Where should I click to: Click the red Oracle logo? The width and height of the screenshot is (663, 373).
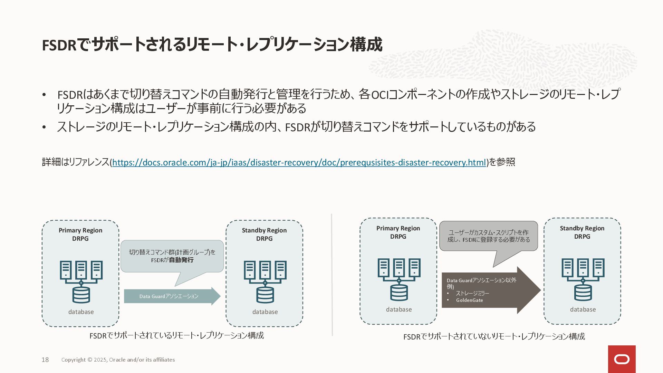(622, 359)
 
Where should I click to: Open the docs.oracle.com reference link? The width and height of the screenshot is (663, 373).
(299, 162)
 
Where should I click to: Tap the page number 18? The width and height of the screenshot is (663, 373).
(45, 360)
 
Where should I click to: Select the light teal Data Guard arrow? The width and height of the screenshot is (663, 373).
(172, 296)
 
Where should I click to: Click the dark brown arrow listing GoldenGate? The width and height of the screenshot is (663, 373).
(490, 290)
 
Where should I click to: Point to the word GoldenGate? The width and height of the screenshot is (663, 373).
(469, 300)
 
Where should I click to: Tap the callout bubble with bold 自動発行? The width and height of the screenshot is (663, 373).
(172, 256)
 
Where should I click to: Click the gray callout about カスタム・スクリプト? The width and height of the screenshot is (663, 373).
(488, 236)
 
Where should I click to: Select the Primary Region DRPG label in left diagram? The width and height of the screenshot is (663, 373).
(80, 235)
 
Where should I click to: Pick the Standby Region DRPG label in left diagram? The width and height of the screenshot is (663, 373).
(264, 235)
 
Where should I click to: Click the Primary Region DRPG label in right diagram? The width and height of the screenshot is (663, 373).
(398, 232)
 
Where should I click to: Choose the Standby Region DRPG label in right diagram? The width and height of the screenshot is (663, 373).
(582, 232)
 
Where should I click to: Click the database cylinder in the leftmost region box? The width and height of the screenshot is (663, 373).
(81, 295)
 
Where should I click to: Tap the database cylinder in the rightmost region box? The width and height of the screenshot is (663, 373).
(583, 292)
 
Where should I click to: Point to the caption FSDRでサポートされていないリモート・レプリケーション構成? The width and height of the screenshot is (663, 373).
(494, 337)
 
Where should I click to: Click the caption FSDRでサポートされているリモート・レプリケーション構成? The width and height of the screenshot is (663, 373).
(176, 336)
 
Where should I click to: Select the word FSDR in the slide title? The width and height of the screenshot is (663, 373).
(59, 45)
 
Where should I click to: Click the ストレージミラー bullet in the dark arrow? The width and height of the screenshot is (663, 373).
(472, 293)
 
